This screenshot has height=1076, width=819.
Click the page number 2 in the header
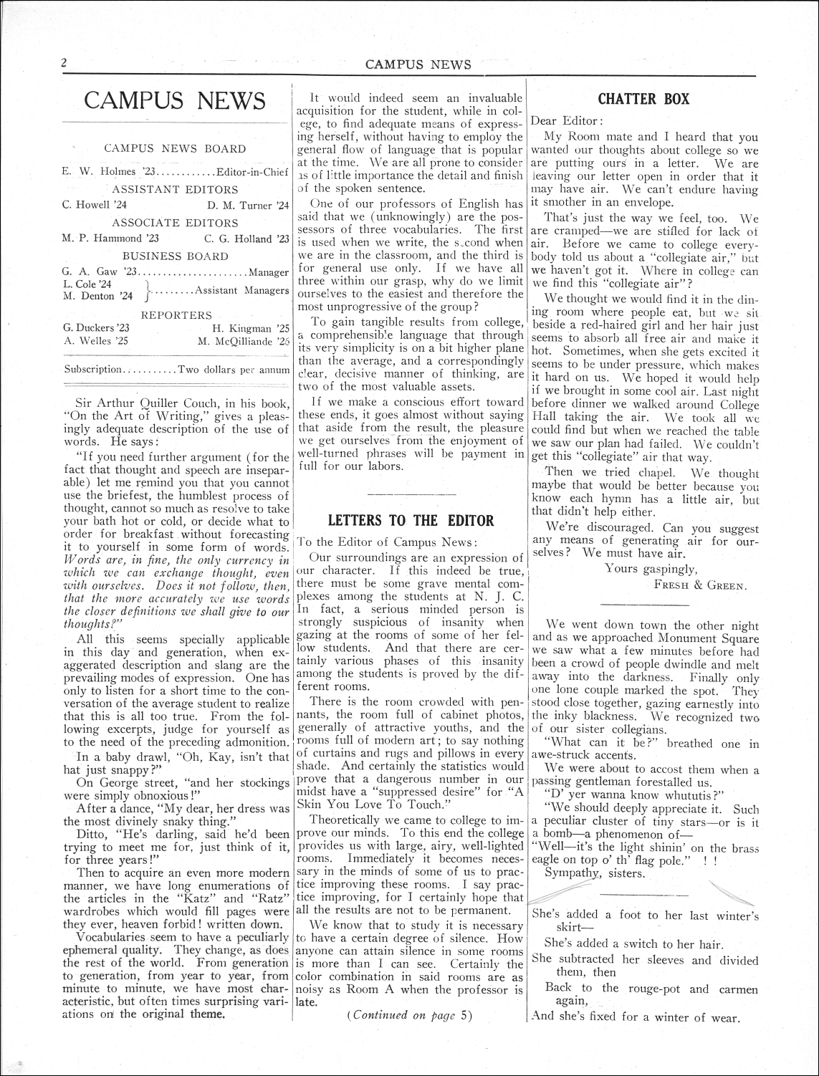(x=64, y=63)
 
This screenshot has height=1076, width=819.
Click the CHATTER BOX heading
(x=643, y=99)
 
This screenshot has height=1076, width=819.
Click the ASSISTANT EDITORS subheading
(x=175, y=190)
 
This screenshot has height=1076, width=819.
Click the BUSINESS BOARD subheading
(x=175, y=256)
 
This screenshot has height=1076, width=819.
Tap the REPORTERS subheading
(x=176, y=315)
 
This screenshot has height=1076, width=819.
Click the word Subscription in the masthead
(x=93, y=370)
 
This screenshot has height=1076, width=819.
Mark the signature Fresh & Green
(x=700, y=584)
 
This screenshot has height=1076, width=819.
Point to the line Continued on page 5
(x=410, y=1014)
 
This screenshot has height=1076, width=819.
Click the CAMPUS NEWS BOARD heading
(x=175, y=149)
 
